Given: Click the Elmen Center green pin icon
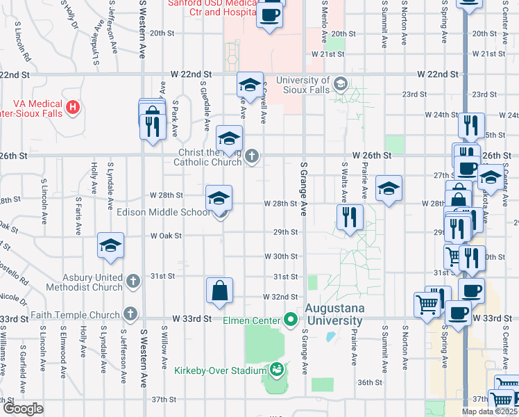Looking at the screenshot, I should pos(290,320).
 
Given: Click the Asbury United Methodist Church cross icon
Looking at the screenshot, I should pos(134,281).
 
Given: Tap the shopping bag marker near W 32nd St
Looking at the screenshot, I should pos(219,291).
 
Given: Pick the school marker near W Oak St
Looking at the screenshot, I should pos(110,246).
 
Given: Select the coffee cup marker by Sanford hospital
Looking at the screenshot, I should pos(270,13).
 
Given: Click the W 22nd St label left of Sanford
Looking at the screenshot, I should pos(190,74).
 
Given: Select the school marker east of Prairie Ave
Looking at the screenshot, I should pos(389,188).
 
